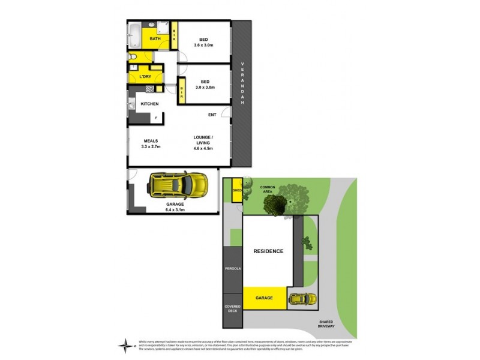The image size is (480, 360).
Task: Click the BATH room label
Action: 155,39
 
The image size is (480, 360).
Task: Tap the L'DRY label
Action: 145,77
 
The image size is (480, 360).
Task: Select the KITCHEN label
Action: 149,104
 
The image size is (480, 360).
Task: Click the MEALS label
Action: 151,141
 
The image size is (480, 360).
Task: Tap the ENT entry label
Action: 212,115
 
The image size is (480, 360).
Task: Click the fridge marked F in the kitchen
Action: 157,118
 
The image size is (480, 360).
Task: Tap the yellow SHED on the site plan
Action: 236,191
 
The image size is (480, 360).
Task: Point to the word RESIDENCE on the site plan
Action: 267,251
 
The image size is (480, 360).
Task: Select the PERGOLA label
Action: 232,269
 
